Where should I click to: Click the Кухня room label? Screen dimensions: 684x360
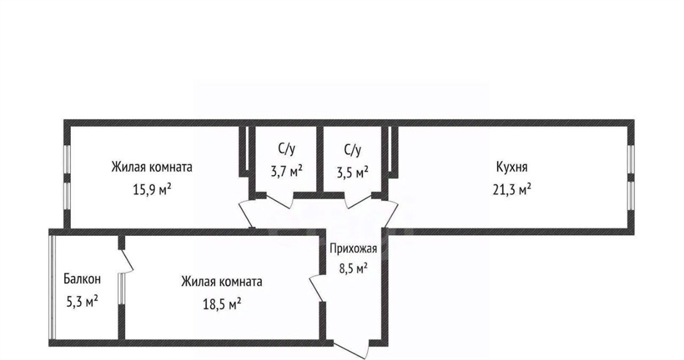pyautogui.click(x=512, y=168)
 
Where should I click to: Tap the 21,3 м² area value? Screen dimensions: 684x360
pyautogui.click(x=512, y=190)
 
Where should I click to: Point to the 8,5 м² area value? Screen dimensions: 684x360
pyautogui.click(x=353, y=268)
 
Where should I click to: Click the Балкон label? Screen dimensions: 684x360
pyautogui.click(x=82, y=279)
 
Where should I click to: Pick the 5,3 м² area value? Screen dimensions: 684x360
pyautogui.click(x=82, y=301)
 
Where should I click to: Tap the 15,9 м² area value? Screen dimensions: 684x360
pyautogui.click(x=152, y=190)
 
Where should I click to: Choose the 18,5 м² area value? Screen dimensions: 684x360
pyautogui.click(x=222, y=304)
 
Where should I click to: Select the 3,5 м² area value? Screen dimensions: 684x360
pyautogui.click(x=353, y=172)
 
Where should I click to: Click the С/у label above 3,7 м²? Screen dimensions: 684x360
pyautogui.click(x=287, y=150)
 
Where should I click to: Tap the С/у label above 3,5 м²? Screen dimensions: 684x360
pyautogui.click(x=353, y=150)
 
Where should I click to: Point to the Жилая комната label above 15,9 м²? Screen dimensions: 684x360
pyautogui.click(x=152, y=167)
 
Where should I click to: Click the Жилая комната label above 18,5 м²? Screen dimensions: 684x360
pyautogui.click(x=222, y=281)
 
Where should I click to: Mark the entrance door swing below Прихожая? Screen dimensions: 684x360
pyautogui.click(x=353, y=347)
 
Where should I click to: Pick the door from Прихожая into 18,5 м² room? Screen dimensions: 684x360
pyautogui.click(x=317, y=288)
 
